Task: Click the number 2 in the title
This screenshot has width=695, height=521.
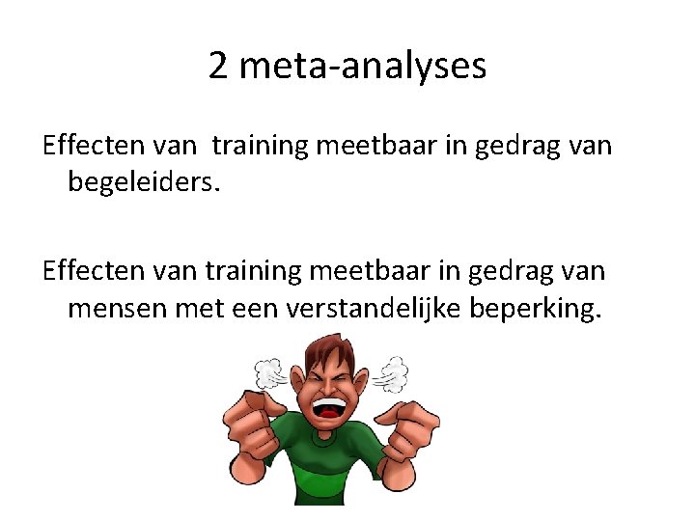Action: click(219, 67)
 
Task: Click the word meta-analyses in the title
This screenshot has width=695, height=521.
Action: click(361, 67)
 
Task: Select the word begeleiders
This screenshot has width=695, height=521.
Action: click(144, 180)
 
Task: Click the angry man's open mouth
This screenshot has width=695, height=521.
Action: click(329, 405)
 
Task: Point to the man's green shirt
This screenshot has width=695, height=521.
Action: click(328, 463)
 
